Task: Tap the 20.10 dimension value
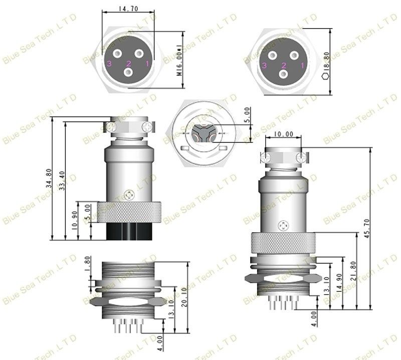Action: (184, 297)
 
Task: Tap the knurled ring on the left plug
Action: (129, 212)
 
